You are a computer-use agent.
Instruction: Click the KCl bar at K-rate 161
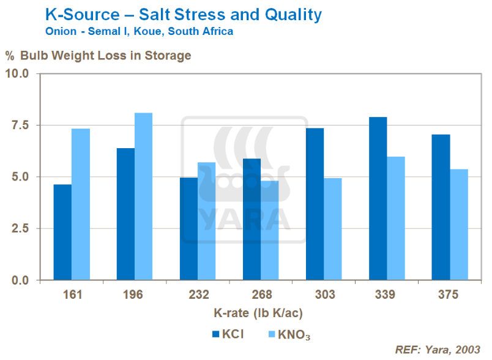[62, 232]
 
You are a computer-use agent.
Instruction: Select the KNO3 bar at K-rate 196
[143, 196]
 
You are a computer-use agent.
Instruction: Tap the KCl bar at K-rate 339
[378, 198]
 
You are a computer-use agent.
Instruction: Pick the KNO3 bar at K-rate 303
[333, 229]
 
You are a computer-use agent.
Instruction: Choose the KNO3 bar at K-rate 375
[459, 224]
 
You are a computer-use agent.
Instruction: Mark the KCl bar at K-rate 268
[252, 219]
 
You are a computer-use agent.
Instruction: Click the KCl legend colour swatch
[215, 334]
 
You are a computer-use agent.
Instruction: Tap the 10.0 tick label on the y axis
[18, 73]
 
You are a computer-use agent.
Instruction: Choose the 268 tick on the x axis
[261, 294]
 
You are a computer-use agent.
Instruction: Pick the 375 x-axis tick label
[450, 294]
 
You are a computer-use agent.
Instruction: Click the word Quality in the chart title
[287, 13]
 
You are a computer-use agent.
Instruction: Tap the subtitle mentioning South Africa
[140, 31]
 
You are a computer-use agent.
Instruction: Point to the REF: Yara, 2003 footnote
[438, 350]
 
